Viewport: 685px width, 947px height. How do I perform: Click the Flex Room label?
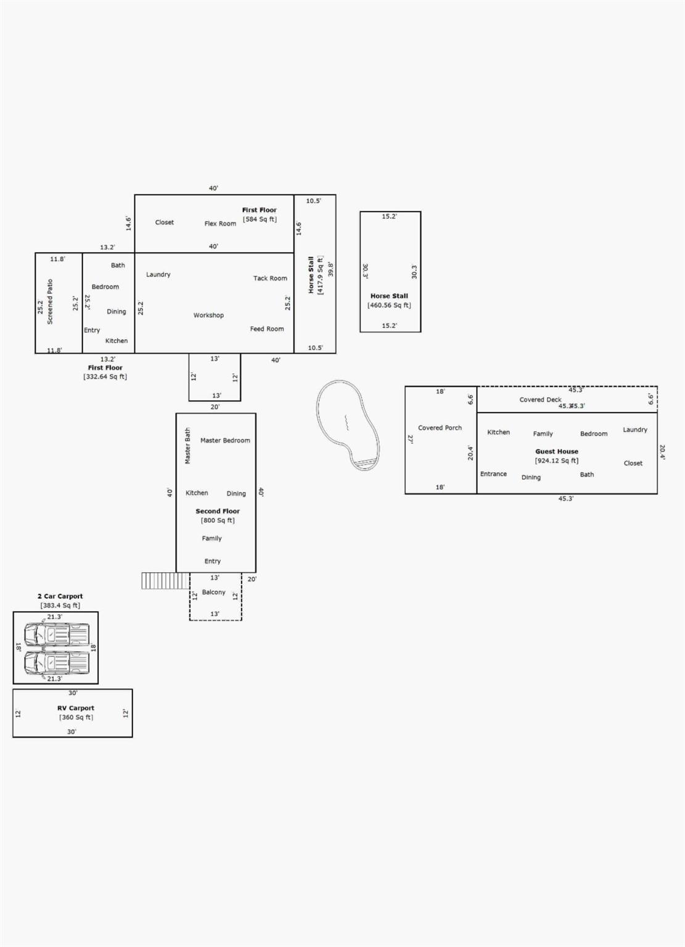(x=220, y=224)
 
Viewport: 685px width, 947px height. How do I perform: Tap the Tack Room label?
(x=270, y=278)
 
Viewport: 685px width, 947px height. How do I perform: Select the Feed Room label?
(x=267, y=329)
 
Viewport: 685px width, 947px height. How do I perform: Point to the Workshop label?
(x=208, y=315)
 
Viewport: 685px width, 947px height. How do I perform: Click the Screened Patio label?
(x=50, y=301)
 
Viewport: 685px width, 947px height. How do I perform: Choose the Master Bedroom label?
(x=225, y=440)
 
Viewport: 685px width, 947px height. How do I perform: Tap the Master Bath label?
(x=187, y=446)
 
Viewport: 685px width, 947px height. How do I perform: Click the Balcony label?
(x=213, y=592)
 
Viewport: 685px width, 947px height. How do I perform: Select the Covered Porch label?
(x=440, y=427)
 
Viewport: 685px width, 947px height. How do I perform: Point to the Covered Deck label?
(x=540, y=400)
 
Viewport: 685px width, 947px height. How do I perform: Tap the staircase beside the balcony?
(x=165, y=581)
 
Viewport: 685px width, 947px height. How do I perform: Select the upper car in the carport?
(x=57, y=634)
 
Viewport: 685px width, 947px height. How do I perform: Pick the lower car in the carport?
(x=57, y=663)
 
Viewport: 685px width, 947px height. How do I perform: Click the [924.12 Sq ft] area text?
(x=557, y=461)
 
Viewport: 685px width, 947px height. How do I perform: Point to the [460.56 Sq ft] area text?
(x=389, y=305)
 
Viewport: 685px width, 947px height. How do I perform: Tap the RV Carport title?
(x=76, y=708)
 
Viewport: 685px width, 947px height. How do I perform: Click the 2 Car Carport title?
(x=60, y=596)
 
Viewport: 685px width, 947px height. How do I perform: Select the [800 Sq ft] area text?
(x=218, y=520)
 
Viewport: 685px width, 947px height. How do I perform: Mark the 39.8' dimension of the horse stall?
(x=330, y=269)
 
